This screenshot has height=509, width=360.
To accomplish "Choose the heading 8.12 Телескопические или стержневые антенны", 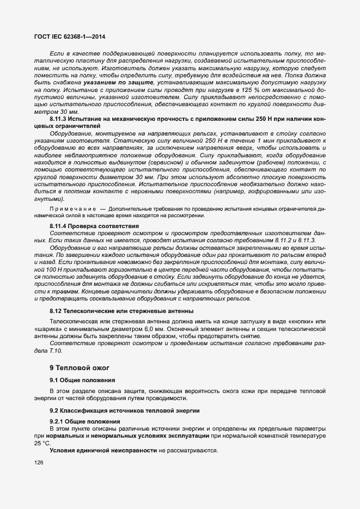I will click(121, 311).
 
